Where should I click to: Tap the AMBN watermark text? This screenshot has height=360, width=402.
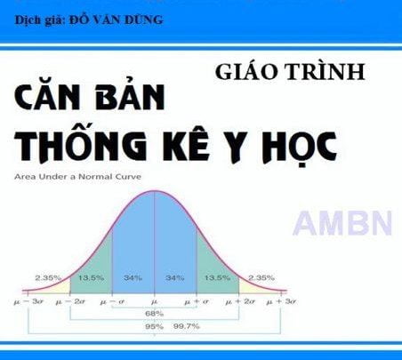[343, 221]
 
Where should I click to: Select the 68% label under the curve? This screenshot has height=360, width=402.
[154, 313]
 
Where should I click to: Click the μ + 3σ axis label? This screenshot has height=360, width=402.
[283, 302]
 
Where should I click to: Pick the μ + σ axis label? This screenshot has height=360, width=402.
[197, 302]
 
